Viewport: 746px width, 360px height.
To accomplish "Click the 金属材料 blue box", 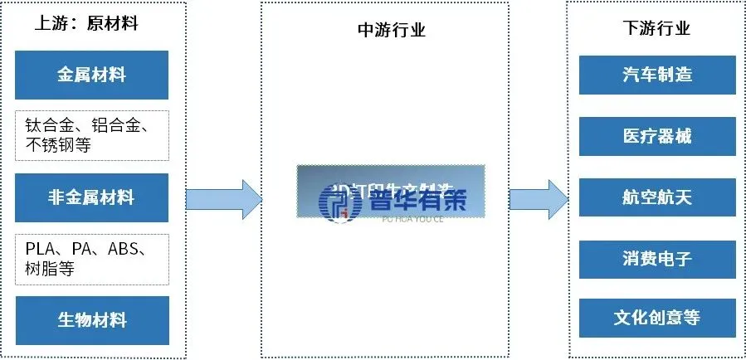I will pos(91,75).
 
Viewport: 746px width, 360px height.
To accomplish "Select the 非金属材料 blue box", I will pos(91,197).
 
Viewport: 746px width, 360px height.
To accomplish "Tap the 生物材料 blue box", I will pos(91,320).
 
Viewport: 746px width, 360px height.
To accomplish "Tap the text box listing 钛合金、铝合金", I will pos(91,135).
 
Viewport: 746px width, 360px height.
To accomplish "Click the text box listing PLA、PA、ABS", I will pos(91,259).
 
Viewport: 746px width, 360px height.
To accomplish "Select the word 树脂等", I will pos(51,269).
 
